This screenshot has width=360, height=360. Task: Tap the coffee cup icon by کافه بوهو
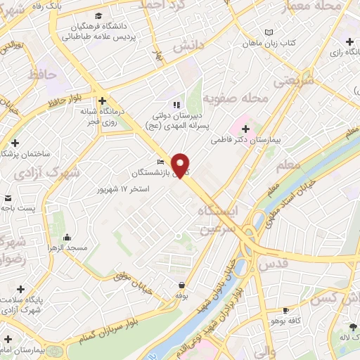coord(285,310)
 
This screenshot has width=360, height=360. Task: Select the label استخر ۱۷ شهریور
coord(124,189)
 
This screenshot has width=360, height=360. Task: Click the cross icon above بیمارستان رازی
coord(349,42)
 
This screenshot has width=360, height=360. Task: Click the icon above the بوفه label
coord(182,285)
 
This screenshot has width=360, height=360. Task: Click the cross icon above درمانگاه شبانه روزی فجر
coord(103,100)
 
